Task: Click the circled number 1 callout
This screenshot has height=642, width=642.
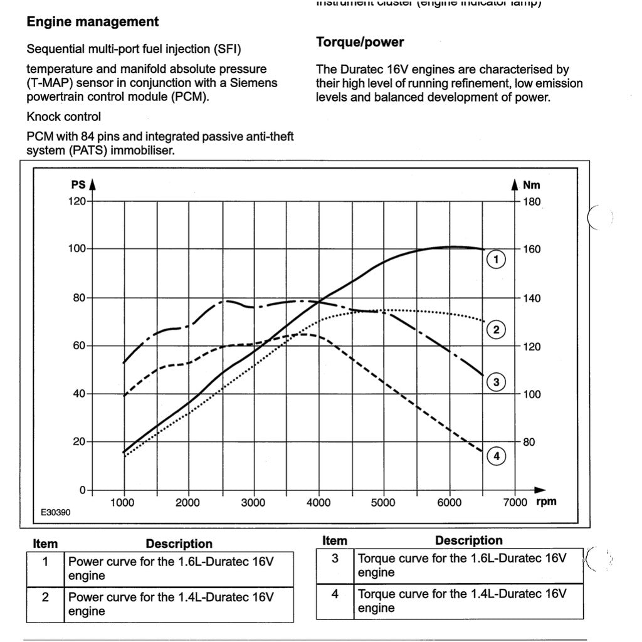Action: (x=496, y=259)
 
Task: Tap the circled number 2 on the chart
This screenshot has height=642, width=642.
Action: (x=496, y=330)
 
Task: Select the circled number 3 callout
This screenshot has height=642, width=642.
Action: (x=496, y=382)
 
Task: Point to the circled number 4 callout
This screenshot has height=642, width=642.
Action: (x=496, y=456)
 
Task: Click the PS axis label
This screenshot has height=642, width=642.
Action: (x=78, y=185)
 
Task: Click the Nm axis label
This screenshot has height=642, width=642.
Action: (x=531, y=185)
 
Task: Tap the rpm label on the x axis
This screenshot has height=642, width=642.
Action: (x=546, y=502)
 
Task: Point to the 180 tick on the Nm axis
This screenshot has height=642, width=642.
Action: (x=532, y=202)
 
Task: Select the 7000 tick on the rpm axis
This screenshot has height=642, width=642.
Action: (x=515, y=503)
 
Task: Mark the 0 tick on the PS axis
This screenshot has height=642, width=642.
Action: (x=82, y=490)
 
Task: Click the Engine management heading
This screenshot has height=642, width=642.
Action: (x=93, y=22)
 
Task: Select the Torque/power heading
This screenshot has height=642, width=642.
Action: (x=360, y=42)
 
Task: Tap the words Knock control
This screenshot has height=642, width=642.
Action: (x=63, y=117)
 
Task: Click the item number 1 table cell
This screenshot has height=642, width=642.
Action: (x=45, y=562)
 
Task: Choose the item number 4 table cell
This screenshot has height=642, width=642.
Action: (x=335, y=594)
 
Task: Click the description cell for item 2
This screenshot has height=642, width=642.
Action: (x=178, y=604)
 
